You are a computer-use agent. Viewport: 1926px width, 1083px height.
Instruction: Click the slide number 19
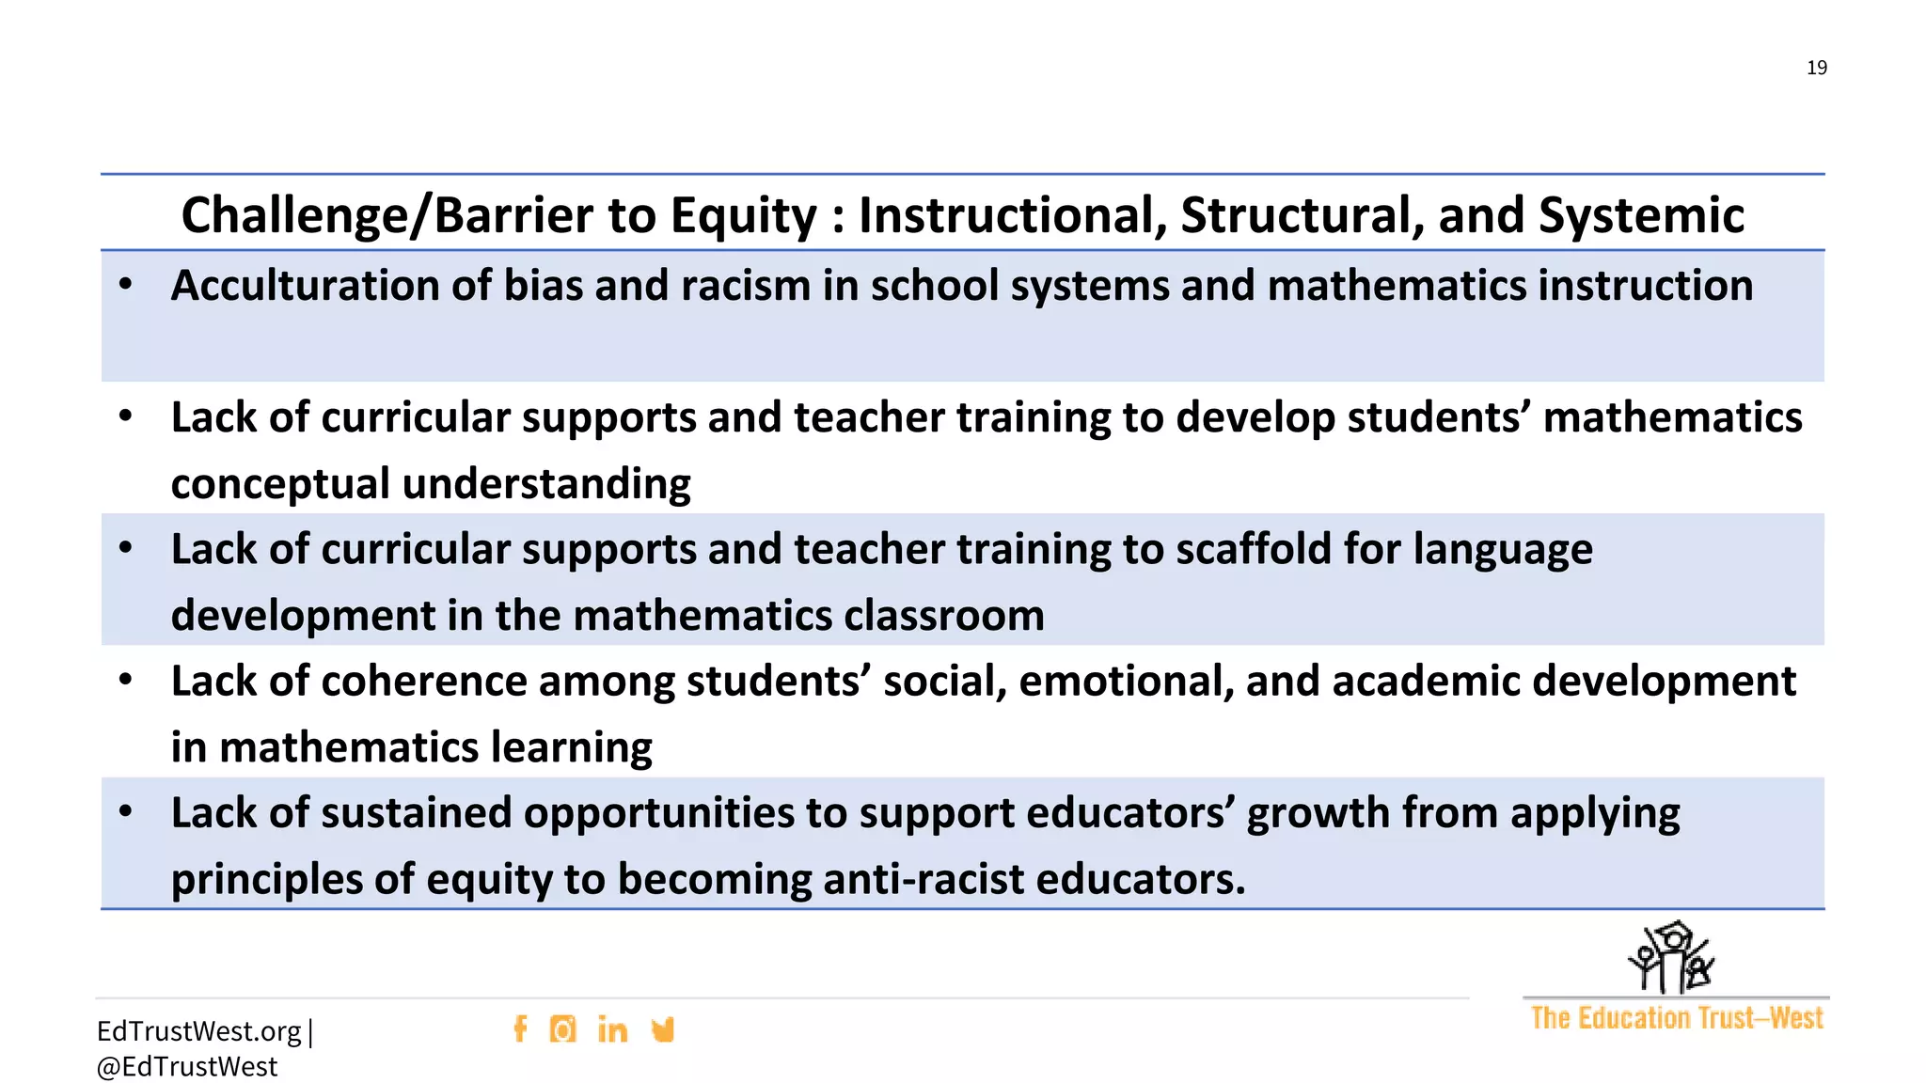click(x=1816, y=68)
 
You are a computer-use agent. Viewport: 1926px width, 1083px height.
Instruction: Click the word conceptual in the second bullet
click(x=280, y=484)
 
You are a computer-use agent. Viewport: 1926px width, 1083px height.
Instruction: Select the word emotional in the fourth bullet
click(x=1124, y=681)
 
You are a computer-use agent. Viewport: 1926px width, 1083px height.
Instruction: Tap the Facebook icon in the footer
click(x=520, y=1029)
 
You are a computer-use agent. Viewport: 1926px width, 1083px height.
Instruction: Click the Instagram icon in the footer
click(x=562, y=1029)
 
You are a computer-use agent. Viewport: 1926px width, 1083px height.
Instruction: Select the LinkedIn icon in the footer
click(x=612, y=1030)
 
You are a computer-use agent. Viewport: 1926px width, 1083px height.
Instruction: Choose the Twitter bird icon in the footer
click(x=663, y=1029)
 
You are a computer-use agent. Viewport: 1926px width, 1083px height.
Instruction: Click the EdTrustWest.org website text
click(x=198, y=1031)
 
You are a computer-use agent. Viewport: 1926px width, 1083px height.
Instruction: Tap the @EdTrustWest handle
click(x=187, y=1067)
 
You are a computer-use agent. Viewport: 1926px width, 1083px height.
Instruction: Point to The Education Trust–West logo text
click(x=1676, y=1018)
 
